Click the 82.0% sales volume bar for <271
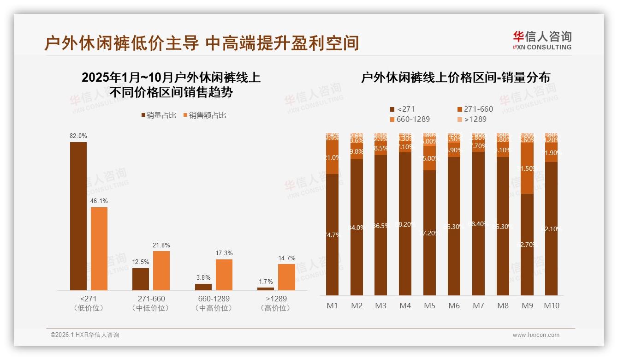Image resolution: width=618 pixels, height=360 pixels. [78, 216]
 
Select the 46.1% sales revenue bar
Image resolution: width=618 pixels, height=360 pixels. [99, 248]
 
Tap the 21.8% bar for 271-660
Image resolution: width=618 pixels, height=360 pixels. [161, 270]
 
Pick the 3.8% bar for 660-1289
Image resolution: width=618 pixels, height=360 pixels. [203, 287]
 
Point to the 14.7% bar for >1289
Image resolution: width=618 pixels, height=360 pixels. [286, 277]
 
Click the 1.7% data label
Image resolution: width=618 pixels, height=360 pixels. [265, 282]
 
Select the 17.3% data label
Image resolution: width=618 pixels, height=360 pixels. [224, 253]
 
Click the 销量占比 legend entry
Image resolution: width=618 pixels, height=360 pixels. [159, 115]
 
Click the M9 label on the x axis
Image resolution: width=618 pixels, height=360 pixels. [527, 306]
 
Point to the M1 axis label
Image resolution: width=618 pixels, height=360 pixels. [332, 306]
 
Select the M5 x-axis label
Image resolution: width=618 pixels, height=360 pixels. [429, 306]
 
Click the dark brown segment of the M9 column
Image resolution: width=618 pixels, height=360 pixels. [527, 245]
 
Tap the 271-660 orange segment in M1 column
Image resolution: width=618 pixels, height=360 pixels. [332, 157]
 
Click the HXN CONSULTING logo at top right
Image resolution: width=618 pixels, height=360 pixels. [542, 41]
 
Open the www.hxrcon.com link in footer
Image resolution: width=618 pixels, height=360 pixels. [536, 335]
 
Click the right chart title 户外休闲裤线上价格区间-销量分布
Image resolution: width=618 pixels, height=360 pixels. [455, 78]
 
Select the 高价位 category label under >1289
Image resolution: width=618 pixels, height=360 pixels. [275, 308]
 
